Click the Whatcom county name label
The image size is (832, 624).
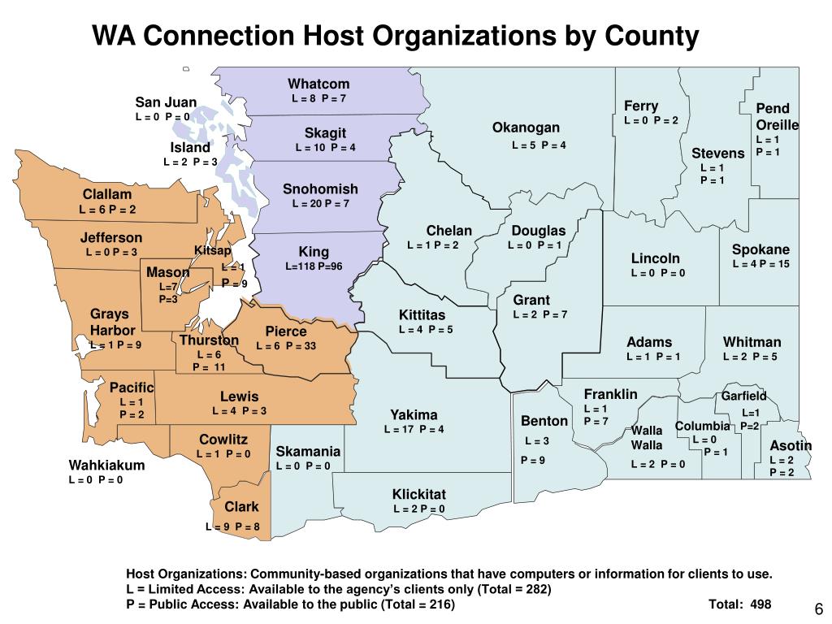point(318,84)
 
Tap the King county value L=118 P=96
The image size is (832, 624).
point(314,266)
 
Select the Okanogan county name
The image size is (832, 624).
point(526,128)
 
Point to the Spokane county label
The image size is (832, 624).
point(760,249)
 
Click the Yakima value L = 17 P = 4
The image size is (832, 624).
point(414,429)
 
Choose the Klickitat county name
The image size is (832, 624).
point(419,494)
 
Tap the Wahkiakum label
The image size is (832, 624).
point(106,466)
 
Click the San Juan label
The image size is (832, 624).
point(166,102)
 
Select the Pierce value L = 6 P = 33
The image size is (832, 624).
point(286,346)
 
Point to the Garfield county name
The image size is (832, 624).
point(744,396)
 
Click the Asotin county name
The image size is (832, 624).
point(791,445)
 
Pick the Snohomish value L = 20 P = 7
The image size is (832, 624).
point(320,203)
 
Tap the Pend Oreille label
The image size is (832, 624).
point(778,117)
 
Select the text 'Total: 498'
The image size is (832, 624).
point(739,604)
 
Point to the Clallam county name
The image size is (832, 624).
point(106,195)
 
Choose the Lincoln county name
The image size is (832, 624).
point(656,258)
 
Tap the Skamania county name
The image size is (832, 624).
point(308,451)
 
